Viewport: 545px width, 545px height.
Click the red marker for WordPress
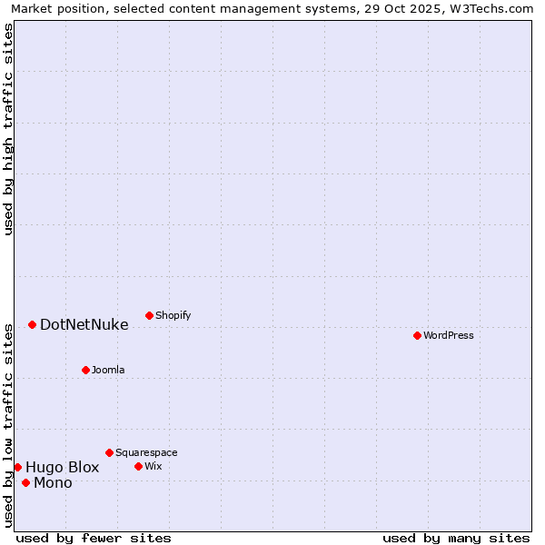click(x=417, y=335)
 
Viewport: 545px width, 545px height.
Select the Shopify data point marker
click(x=149, y=315)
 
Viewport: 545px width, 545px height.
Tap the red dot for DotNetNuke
click(x=32, y=324)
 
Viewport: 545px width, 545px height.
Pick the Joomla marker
click(x=85, y=370)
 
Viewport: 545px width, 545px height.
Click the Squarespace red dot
click(x=109, y=452)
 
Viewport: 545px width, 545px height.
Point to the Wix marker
click(x=138, y=466)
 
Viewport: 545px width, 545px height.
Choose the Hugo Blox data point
click(x=17, y=467)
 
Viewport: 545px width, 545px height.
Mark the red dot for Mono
click(x=25, y=482)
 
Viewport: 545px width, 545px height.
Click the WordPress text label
click(x=449, y=335)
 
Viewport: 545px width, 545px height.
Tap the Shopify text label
click(x=173, y=315)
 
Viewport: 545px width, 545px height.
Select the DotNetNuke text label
click(x=84, y=324)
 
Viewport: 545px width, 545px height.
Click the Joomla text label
click(x=108, y=370)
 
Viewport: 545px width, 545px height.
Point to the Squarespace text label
click(x=146, y=452)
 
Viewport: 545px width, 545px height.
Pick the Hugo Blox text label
click(x=63, y=467)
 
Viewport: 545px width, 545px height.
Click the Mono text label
click(x=53, y=482)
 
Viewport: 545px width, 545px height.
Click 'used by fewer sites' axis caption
click(x=94, y=538)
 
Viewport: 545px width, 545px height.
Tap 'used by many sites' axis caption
click(x=456, y=538)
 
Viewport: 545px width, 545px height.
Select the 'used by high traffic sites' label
click(x=8, y=129)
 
